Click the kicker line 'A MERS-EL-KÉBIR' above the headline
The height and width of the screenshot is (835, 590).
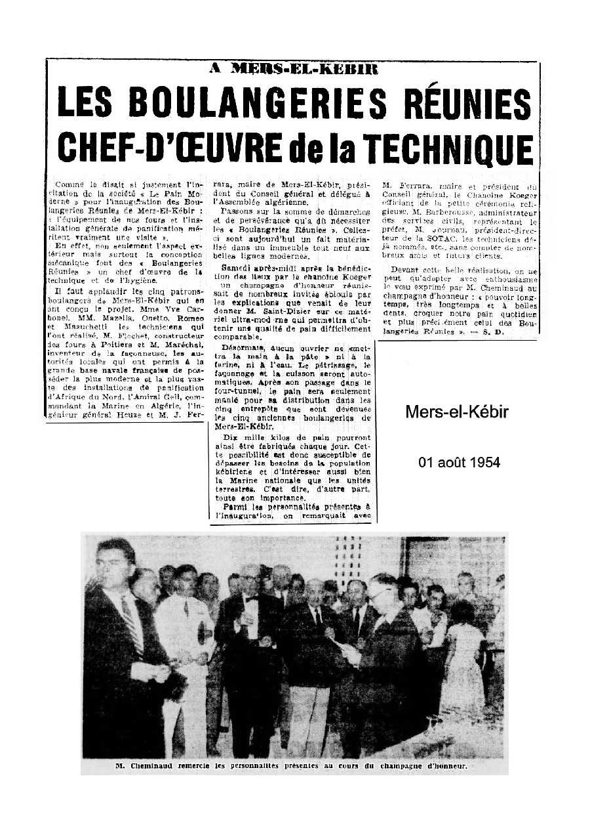point(293,68)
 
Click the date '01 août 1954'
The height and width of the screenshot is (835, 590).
point(459,463)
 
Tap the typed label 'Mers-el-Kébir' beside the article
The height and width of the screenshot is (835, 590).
point(457,412)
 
